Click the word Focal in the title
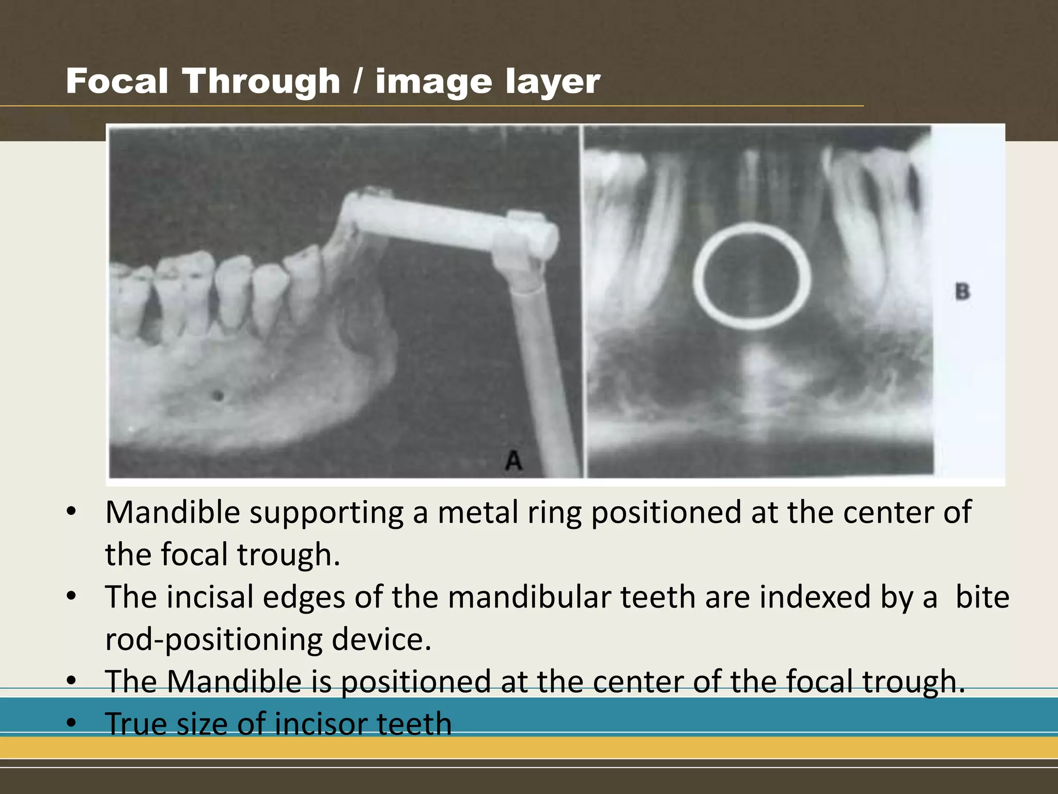(117, 82)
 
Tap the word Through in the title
(261, 82)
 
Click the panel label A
(514, 460)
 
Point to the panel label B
(962, 291)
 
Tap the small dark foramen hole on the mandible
(218, 396)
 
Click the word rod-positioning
(213, 640)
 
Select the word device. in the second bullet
(381, 640)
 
